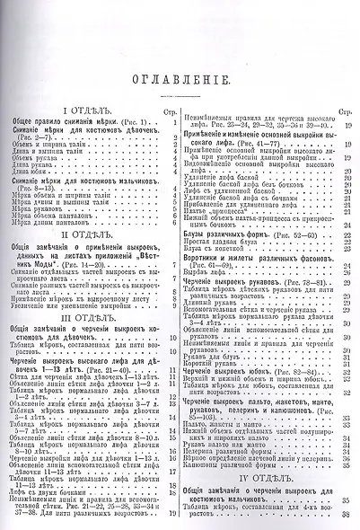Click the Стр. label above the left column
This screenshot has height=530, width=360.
point(171,114)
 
